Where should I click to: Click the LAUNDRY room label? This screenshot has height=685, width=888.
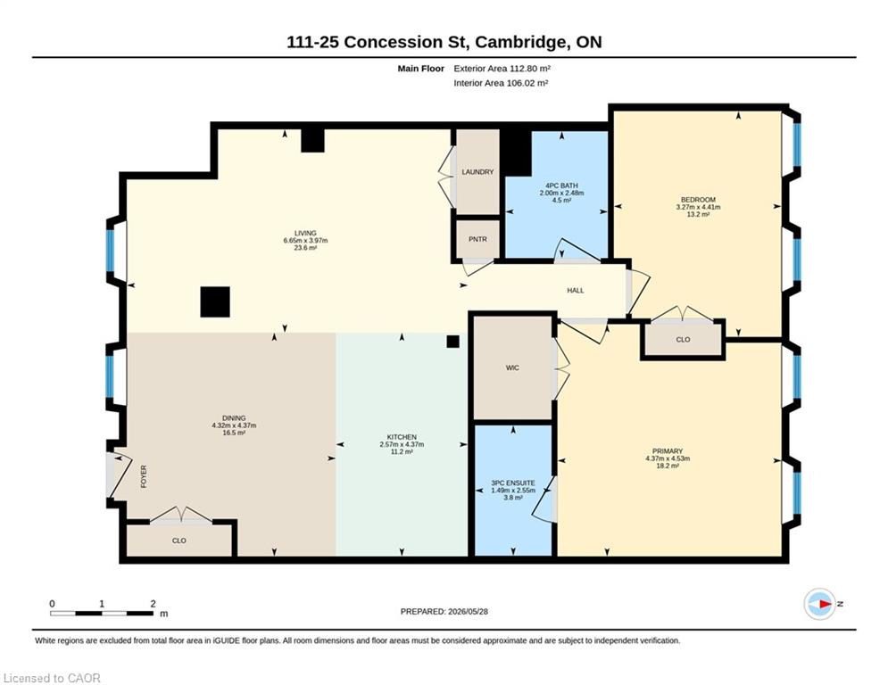click(x=477, y=172)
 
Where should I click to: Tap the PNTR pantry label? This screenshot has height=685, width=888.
click(x=477, y=239)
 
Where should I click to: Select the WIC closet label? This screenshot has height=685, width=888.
click(x=512, y=368)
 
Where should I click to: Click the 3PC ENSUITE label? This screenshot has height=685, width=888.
click(x=512, y=483)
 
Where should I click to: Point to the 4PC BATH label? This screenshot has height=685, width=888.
click(x=561, y=186)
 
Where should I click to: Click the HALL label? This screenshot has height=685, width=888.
click(x=576, y=291)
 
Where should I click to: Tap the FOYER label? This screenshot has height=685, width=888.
click(x=144, y=476)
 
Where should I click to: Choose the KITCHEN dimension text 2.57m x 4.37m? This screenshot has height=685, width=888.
click(x=402, y=444)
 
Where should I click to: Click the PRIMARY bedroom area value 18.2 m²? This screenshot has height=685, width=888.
click(x=668, y=466)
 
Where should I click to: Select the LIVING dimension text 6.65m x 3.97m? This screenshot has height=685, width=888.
click(x=305, y=241)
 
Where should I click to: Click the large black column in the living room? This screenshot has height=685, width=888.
click(x=215, y=301)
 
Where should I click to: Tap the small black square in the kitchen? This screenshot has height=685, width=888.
click(x=452, y=342)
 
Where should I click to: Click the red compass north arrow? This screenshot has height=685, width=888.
click(x=826, y=604)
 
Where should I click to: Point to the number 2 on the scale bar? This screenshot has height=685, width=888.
click(x=153, y=604)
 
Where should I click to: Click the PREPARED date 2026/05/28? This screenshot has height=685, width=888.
click(x=468, y=611)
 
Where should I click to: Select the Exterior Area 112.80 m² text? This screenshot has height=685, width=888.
click(x=502, y=69)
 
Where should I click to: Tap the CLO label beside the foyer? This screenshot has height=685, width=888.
click(x=179, y=541)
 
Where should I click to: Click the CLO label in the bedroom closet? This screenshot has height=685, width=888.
click(x=683, y=340)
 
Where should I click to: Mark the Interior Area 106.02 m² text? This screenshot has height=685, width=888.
click(x=501, y=83)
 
